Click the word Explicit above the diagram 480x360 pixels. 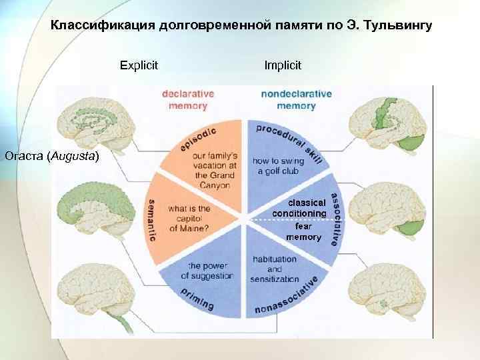click(x=139, y=65)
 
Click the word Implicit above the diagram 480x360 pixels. click(x=283, y=65)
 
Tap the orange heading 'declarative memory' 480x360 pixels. click(x=188, y=99)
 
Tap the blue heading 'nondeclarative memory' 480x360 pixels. click(x=296, y=99)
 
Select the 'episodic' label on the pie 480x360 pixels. click(x=198, y=139)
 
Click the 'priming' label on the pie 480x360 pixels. click(x=195, y=299)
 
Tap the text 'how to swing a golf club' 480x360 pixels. click(x=276, y=165)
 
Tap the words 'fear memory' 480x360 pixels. click(x=303, y=231)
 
